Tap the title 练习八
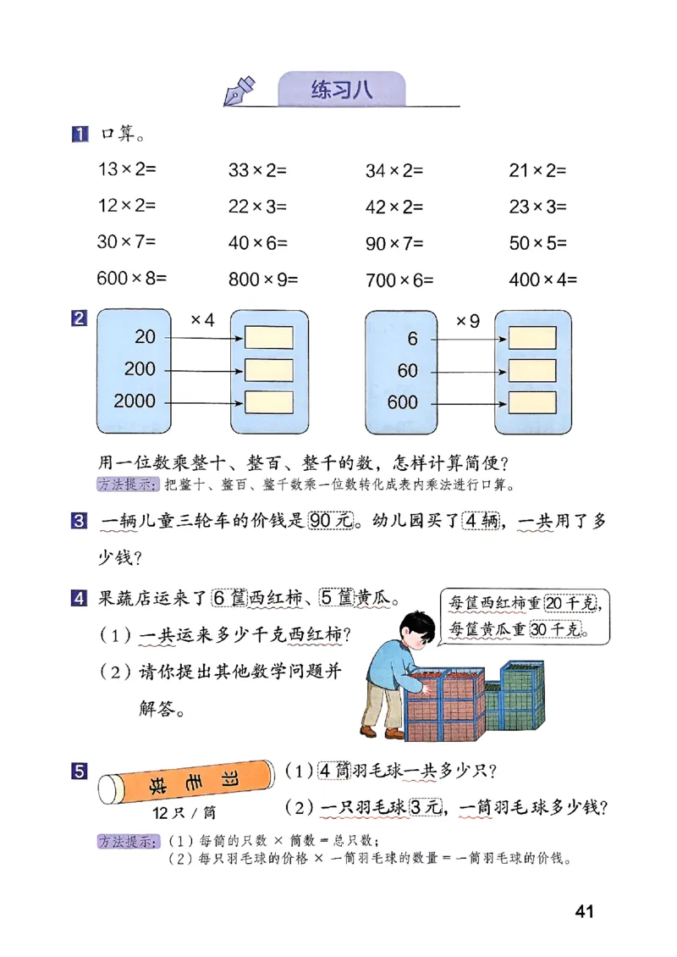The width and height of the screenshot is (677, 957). tap(341, 91)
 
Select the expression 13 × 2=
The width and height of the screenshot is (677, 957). tap(127, 169)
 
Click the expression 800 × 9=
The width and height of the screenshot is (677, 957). tap(264, 279)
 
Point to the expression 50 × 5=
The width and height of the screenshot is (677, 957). tap(537, 243)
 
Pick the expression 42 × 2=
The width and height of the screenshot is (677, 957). tap(394, 207)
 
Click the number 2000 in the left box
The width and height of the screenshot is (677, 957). tap(135, 401)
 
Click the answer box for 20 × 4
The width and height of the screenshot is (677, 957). tap(269, 337)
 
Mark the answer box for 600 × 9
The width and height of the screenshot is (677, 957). tap(531, 401)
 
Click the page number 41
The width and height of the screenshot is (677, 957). tap(583, 911)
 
